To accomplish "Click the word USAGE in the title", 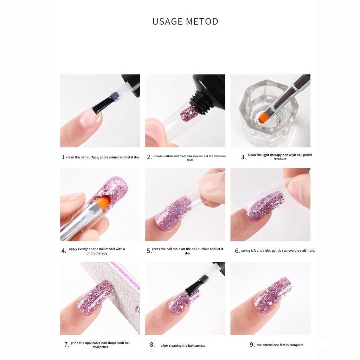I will pos(167,21).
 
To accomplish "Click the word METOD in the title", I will pos(202,21).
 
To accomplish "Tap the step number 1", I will pos(63,157).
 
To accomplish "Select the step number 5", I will pos(149,251).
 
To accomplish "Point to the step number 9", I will pos(252,345).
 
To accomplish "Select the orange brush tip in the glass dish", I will pos(263,117).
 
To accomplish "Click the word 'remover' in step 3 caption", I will pos(280,159).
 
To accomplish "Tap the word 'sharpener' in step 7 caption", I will pos(100,347).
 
